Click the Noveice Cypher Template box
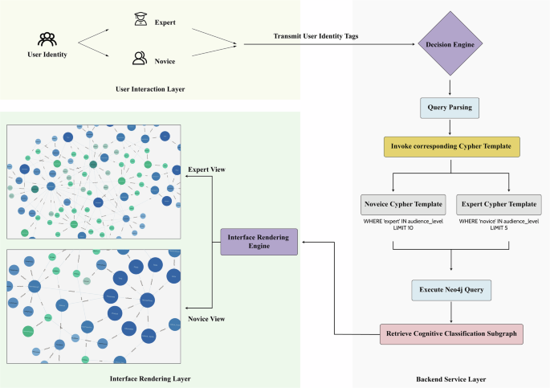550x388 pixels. (393, 203)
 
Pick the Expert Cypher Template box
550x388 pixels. (498, 203)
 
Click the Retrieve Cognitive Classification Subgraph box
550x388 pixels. (452, 333)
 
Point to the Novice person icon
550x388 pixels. (140, 58)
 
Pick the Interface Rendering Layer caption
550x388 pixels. (151, 377)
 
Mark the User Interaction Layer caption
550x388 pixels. (150, 88)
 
